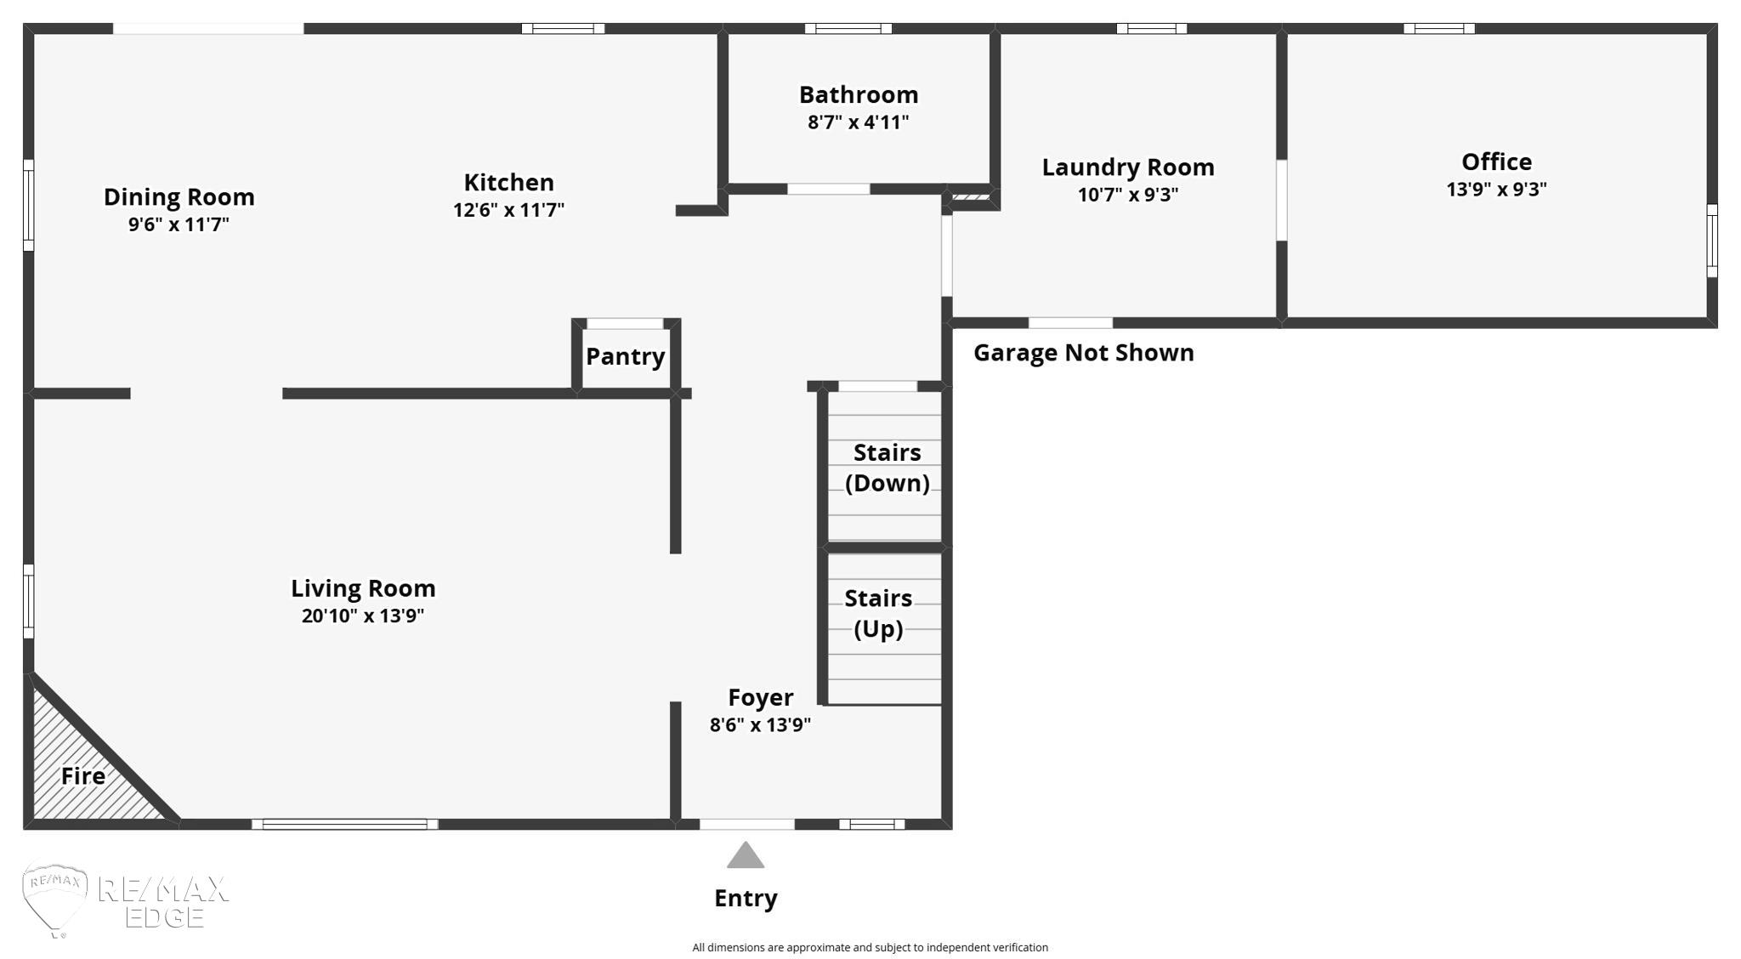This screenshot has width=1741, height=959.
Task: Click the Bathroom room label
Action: coord(859,94)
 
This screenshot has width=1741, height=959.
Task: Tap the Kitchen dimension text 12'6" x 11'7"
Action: coord(508,210)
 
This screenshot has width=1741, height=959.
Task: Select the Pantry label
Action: coord(626,357)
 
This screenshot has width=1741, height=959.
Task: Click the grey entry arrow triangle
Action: coord(746,855)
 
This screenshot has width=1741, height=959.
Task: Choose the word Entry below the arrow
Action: coord(746,899)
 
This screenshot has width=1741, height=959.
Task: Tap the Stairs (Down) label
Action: coord(888,468)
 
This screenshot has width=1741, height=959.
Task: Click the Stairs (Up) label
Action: coord(878,613)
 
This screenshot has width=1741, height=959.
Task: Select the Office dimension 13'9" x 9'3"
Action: coord(1496,190)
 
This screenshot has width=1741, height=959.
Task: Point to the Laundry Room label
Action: coord(1128,167)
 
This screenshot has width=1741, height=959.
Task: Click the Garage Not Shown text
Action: coord(1084,353)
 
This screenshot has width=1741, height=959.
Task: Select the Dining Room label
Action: coord(179,197)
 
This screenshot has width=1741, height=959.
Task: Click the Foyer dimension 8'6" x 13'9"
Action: coord(761,725)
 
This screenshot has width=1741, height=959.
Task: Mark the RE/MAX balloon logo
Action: coord(55,899)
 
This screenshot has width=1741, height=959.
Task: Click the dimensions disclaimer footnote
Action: coord(870,947)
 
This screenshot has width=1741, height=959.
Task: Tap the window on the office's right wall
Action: coord(1712,241)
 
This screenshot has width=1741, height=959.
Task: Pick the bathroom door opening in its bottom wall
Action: coord(829,189)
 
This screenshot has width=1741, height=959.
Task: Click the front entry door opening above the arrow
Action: coord(747,824)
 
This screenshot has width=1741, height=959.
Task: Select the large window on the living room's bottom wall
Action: coord(345,824)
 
